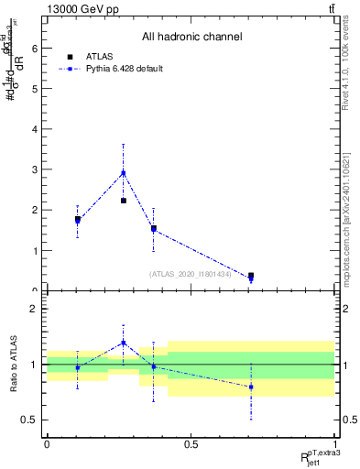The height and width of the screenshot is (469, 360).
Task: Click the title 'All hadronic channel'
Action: [191, 38]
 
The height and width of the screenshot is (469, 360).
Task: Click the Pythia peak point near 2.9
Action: [124, 172]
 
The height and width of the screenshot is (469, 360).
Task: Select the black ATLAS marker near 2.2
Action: [124, 201]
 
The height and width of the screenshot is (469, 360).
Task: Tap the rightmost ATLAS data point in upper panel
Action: [251, 275]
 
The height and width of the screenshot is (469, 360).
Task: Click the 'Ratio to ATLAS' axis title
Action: [12, 365]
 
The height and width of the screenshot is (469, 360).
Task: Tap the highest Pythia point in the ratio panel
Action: [124, 343]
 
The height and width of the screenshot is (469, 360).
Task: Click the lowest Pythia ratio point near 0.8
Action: [251, 387]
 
